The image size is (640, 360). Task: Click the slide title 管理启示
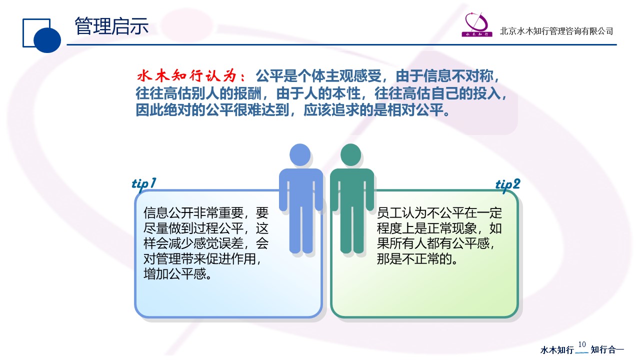pyautogui.click(x=111, y=26)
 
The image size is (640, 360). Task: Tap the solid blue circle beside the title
pyautogui.click(x=47, y=39)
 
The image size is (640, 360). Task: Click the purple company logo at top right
pyautogui.click(x=477, y=24)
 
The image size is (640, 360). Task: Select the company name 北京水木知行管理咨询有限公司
pyautogui.click(x=556, y=31)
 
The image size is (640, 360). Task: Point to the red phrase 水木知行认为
pyautogui.click(x=187, y=76)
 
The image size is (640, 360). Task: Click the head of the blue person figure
pyautogui.click(x=300, y=154)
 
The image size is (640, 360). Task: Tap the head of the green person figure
pyautogui.click(x=351, y=154)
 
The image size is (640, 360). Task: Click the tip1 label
pyautogui.click(x=144, y=183)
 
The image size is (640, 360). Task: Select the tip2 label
pyautogui.click(x=507, y=184)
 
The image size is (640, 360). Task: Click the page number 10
pyautogui.click(x=582, y=344)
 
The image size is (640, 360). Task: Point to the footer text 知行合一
pyautogui.click(x=607, y=349)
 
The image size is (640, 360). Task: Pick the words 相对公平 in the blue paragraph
pyautogui.click(x=415, y=110)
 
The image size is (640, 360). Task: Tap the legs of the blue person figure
pyautogui.click(x=301, y=228)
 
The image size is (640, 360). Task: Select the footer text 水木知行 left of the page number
pyautogui.click(x=557, y=349)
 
